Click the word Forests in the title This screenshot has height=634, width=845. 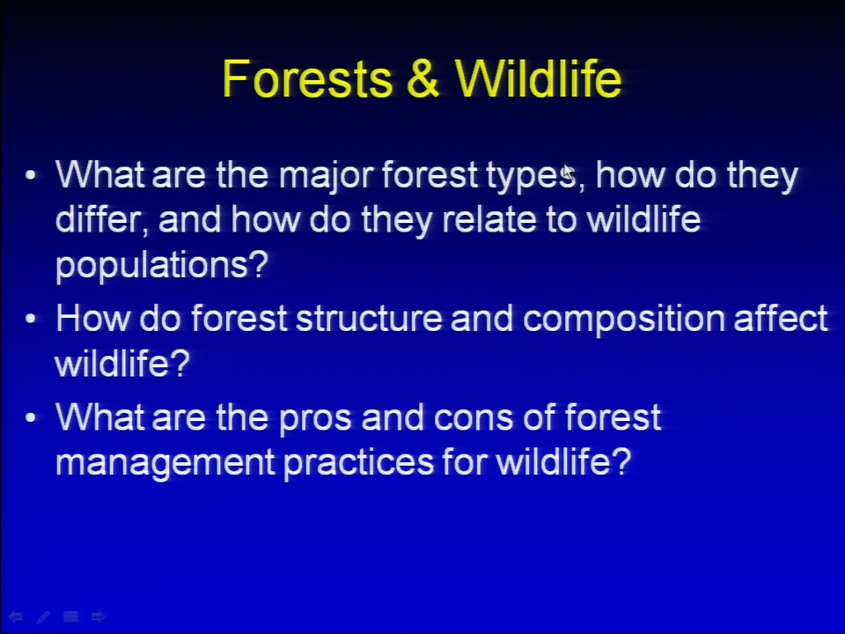307,78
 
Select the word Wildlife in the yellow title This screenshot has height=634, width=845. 539,78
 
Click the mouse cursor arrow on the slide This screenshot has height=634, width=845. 568,173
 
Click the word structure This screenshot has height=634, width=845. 369,319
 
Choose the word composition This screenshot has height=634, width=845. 623,320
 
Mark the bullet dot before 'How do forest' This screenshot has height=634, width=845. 31,319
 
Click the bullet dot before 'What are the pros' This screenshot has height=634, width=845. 31,417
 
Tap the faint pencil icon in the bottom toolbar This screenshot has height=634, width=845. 43,616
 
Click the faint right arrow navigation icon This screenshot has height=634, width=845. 99,616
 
